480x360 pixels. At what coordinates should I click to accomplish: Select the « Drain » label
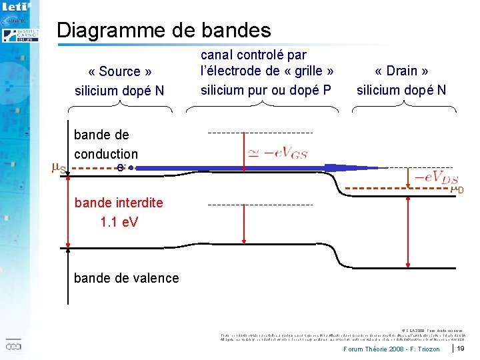401,71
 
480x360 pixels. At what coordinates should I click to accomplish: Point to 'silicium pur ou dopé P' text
265,89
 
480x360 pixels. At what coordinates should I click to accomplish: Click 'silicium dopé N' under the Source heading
119,90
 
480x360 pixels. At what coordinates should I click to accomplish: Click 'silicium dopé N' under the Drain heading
401,90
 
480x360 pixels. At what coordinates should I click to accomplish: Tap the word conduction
106,154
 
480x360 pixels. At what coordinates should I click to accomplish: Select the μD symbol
457,190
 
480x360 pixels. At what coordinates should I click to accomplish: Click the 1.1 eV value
119,222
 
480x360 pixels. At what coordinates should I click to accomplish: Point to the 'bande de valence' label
127,278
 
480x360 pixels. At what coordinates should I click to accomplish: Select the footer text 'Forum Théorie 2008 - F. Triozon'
391,349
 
